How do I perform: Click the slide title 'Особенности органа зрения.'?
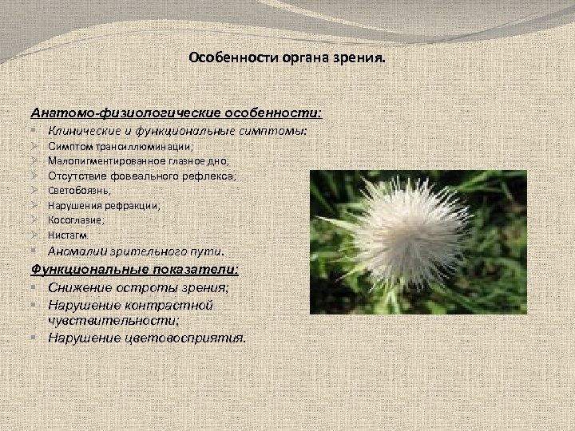[287, 58]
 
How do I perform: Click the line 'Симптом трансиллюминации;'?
[121, 148]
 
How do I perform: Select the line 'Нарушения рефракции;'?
[104, 205]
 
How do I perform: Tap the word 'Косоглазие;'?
[76, 219]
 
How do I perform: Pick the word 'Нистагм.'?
[69, 235]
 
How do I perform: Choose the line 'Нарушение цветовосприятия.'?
[147, 337]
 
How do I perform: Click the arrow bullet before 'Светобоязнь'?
[35, 191]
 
